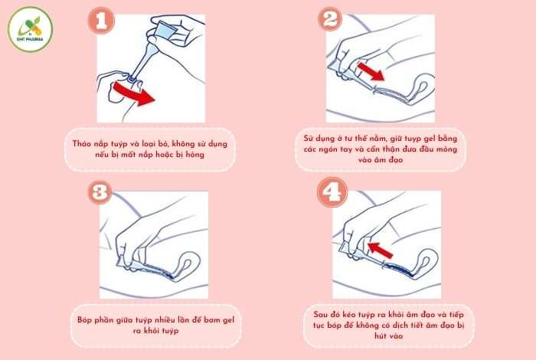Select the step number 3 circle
point(100,195)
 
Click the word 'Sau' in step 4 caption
point(323,314)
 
